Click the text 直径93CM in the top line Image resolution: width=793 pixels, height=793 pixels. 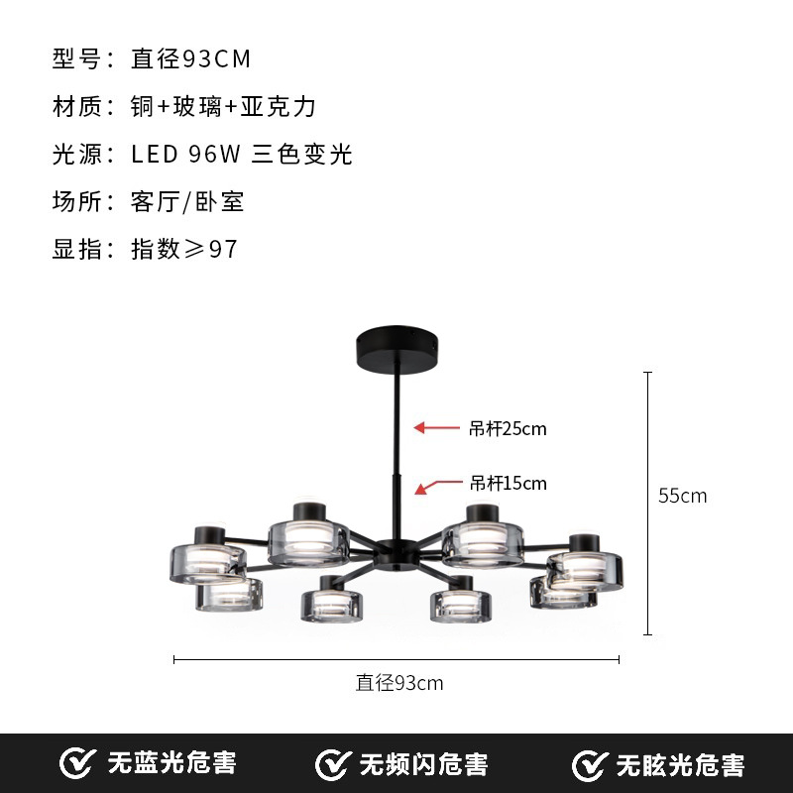point(191,58)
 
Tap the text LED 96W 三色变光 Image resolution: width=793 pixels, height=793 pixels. point(242,154)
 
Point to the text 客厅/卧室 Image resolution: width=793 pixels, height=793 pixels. point(187,201)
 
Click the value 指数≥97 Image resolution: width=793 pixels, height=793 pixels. point(185,249)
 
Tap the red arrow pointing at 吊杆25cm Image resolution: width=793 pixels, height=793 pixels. point(433,428)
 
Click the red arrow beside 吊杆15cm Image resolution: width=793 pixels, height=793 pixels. point(433,486)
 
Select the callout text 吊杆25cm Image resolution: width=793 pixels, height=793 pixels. point(509,429)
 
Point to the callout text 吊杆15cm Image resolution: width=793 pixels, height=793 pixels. point(509,484)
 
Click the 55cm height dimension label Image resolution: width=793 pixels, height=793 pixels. point(683,496)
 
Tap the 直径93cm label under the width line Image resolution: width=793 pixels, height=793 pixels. point(399,682)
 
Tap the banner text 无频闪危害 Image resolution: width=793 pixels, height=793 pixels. point(423,764)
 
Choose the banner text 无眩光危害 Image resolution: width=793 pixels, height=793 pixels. point(680,764)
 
